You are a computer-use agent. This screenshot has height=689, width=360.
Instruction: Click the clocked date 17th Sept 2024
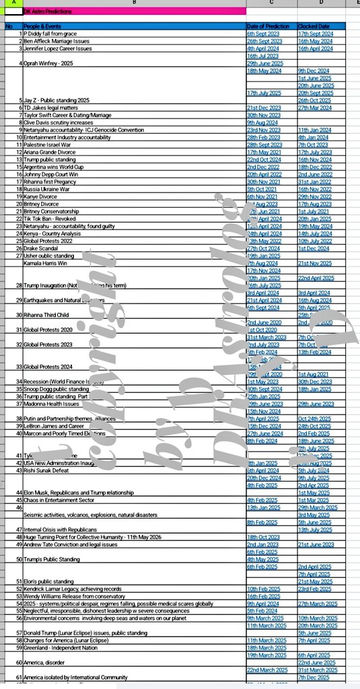tap(316, 33)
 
